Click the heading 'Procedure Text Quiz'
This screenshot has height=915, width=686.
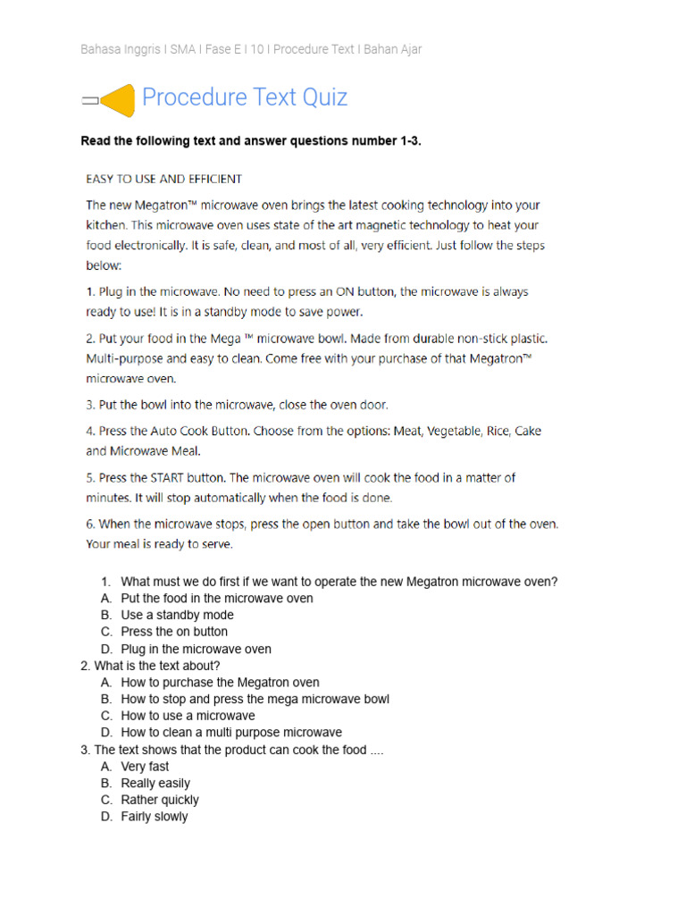pos(245,97)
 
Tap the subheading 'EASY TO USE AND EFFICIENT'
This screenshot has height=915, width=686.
pos(163,179)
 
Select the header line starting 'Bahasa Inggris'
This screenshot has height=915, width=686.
pos(251,49)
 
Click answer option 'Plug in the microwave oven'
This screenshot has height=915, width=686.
pos(196,649)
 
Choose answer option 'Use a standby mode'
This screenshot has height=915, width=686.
pos(177,615)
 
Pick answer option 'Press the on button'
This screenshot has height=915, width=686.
pos(174,632)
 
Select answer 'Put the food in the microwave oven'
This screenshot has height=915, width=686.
pos(217,598)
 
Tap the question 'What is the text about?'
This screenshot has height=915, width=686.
pos(156,666)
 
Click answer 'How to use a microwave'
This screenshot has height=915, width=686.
pos(188,716)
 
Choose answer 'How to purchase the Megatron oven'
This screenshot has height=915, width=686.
pos(220,683)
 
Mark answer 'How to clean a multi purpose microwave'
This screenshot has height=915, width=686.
pos(231,733)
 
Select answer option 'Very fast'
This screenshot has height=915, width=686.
pos(145,767)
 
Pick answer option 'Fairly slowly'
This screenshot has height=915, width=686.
pos(155,817)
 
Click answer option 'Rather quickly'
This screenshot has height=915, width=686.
pos(160,800)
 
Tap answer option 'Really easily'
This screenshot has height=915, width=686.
pos(155,784)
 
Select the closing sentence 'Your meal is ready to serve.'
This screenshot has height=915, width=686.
pos(159,543)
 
